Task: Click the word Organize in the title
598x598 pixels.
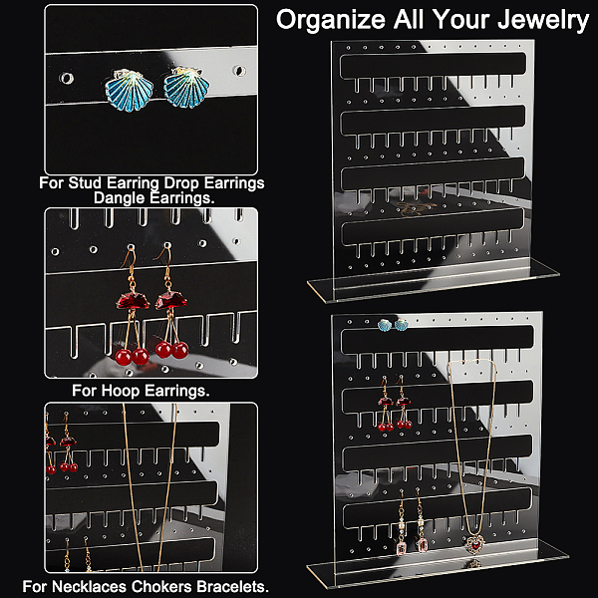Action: click(331, 20)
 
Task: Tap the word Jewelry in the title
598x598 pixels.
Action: click(543, 20)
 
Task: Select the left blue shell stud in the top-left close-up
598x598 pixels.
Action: click(129, 91)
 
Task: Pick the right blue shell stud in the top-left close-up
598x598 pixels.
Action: click(186, 88)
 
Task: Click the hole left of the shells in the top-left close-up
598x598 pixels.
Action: click(67, 78)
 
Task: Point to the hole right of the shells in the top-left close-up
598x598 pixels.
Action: click(239, 71)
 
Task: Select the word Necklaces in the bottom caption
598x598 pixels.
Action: click(88, 587)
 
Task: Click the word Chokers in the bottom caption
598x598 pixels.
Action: click(160, 587)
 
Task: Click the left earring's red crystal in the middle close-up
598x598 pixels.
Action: click(133, 301)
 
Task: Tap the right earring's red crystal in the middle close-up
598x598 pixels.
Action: click(170, 299)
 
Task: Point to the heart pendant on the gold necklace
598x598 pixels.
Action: click(475, 544)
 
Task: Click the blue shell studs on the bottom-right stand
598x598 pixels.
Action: click(393, 325)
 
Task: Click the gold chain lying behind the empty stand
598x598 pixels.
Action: click(415, 208)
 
